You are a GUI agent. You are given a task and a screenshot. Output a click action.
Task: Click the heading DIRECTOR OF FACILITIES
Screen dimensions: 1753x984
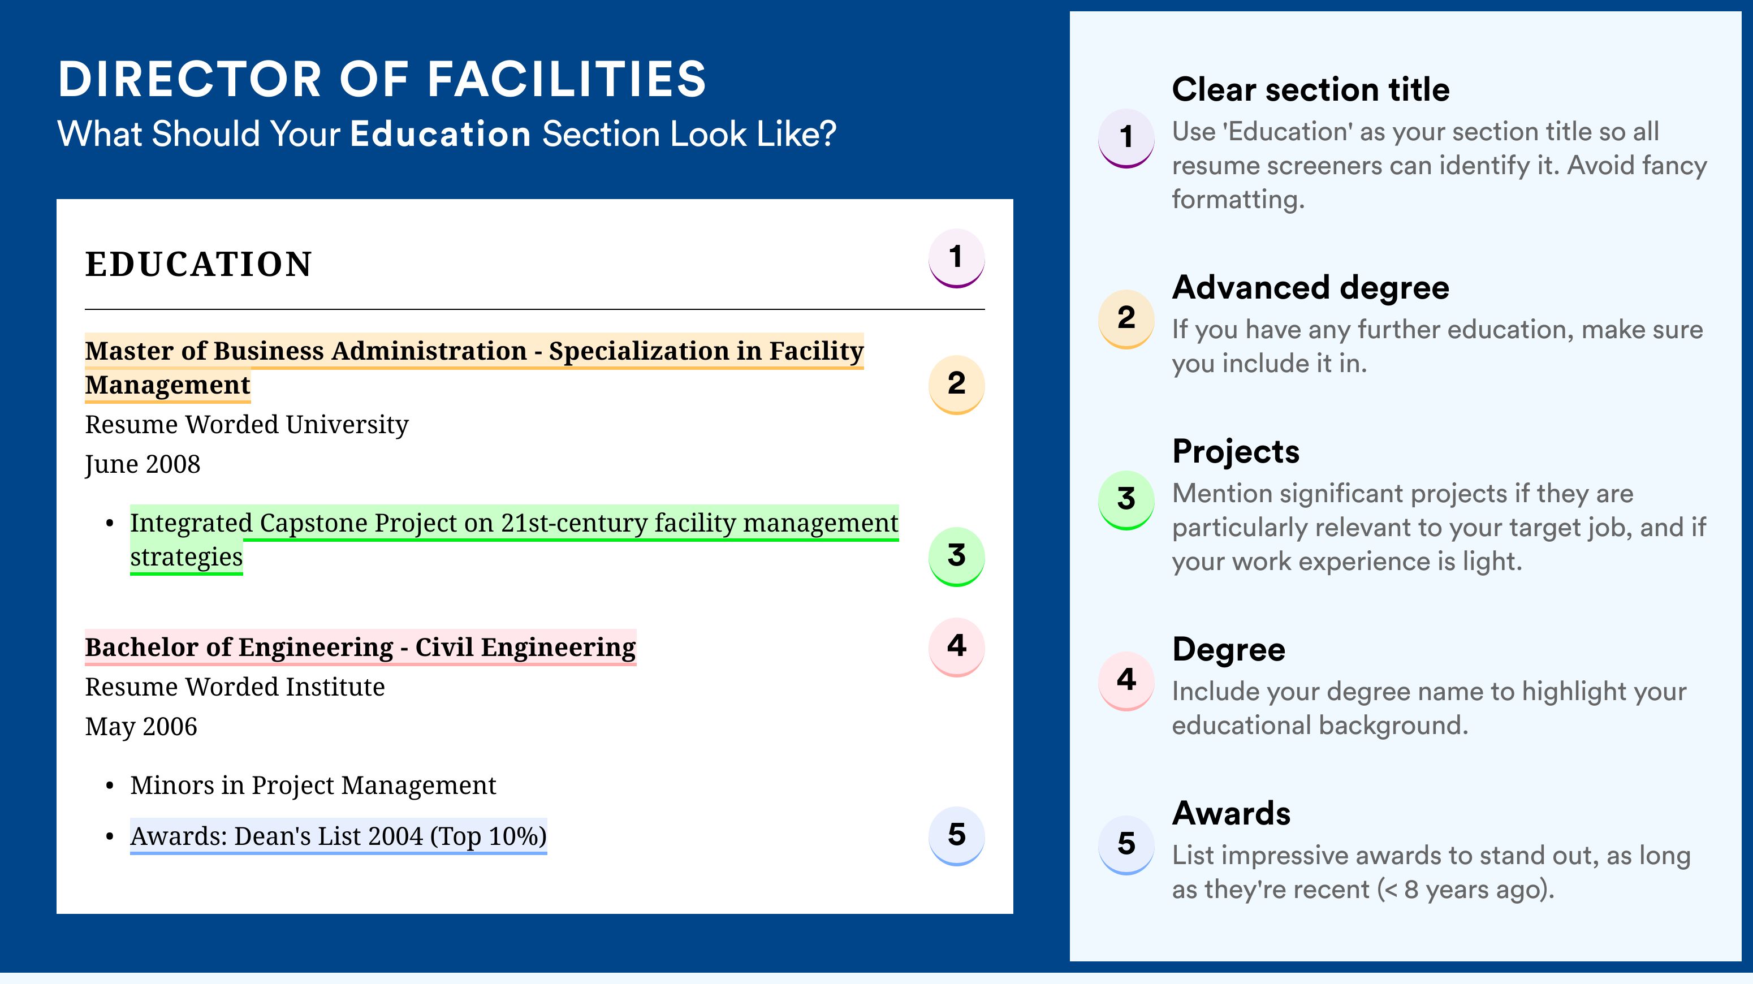[x=382, y=79]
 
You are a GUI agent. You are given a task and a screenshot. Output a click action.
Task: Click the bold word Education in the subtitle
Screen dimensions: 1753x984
[x=441, y=133]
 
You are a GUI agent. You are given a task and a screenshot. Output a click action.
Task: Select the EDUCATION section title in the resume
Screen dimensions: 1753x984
[x=198, y=264]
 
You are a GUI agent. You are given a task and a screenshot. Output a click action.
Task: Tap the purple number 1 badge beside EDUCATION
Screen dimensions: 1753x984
[x=956, y=258]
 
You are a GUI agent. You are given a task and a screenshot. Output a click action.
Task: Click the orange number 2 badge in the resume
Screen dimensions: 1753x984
[x=956, y=385]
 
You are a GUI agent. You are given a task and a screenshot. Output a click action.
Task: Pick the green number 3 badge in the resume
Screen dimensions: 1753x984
[x=956, y=556]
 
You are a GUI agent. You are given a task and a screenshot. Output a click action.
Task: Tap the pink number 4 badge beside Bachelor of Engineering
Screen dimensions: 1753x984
[x=956, y=646]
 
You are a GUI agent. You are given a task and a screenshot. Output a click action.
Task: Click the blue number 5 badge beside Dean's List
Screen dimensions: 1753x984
[x=956, y=836]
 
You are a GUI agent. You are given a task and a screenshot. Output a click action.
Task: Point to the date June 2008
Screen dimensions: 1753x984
[x=143, y=465]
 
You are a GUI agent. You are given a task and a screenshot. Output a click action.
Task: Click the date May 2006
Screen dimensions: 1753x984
[x=141, y=727]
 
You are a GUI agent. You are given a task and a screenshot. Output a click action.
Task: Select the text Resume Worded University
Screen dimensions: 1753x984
[x=247, y=425]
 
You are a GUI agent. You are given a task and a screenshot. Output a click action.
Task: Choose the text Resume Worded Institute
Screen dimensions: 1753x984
[x=235, y=687]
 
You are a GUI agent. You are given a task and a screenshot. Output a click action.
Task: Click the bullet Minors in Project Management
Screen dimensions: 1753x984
[x=313, y=786]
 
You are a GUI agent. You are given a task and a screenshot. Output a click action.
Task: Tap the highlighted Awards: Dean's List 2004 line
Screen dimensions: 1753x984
[x=338, y=836]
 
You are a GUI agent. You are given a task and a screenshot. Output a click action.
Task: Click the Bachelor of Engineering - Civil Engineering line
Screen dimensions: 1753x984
[x=360, y=647]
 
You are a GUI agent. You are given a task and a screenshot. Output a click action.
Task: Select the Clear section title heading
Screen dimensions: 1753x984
[x=1310, y=89]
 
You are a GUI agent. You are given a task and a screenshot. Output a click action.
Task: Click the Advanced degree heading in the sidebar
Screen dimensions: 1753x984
[x=1310, y=288]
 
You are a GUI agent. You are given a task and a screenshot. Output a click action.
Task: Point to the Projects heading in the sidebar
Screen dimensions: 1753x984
[x=1235, y=452]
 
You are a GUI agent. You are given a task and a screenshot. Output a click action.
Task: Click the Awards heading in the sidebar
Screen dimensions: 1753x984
[x=1231, y=813]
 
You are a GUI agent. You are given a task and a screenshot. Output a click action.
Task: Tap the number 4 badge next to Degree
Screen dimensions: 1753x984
[x=1126, y=680]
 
